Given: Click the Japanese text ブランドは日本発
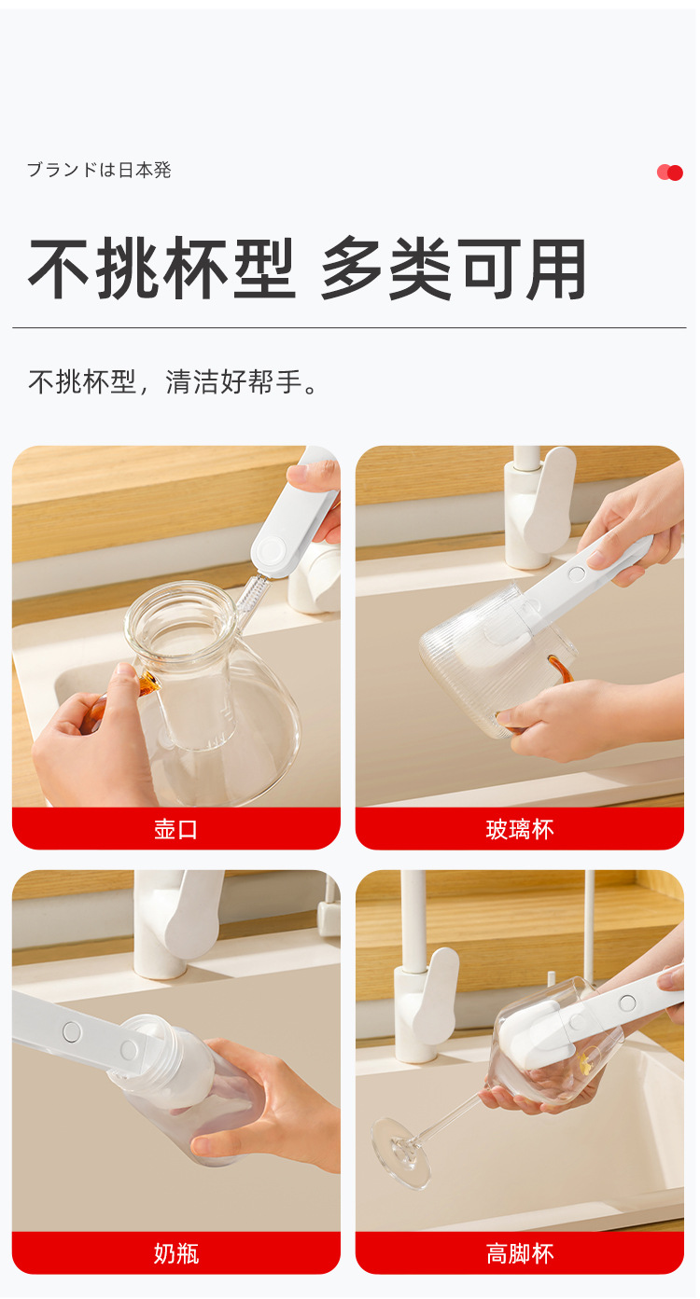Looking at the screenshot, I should pyautogui.click(x=99, y=171).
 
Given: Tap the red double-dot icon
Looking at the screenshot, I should pyautogui.click(x=670, y=173).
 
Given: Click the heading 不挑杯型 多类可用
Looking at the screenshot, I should pyautogui.click(x=307, y=269).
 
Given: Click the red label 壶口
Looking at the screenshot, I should pyautogui.click(x=176, y=829).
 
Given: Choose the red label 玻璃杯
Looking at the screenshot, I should pyautogui.click(x=520, y=829).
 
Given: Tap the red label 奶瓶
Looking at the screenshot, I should pyautogui.click(x=176, y=1253).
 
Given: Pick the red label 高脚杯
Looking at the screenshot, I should pyautogui.click(x=520, y=1253).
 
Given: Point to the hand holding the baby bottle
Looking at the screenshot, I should pyautogui.click(x=280, y=1110).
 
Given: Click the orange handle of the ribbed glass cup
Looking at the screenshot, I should pyautogui.click(x=559, y=670).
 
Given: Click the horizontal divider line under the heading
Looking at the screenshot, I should pyautogui.click(x=349, y=328).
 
